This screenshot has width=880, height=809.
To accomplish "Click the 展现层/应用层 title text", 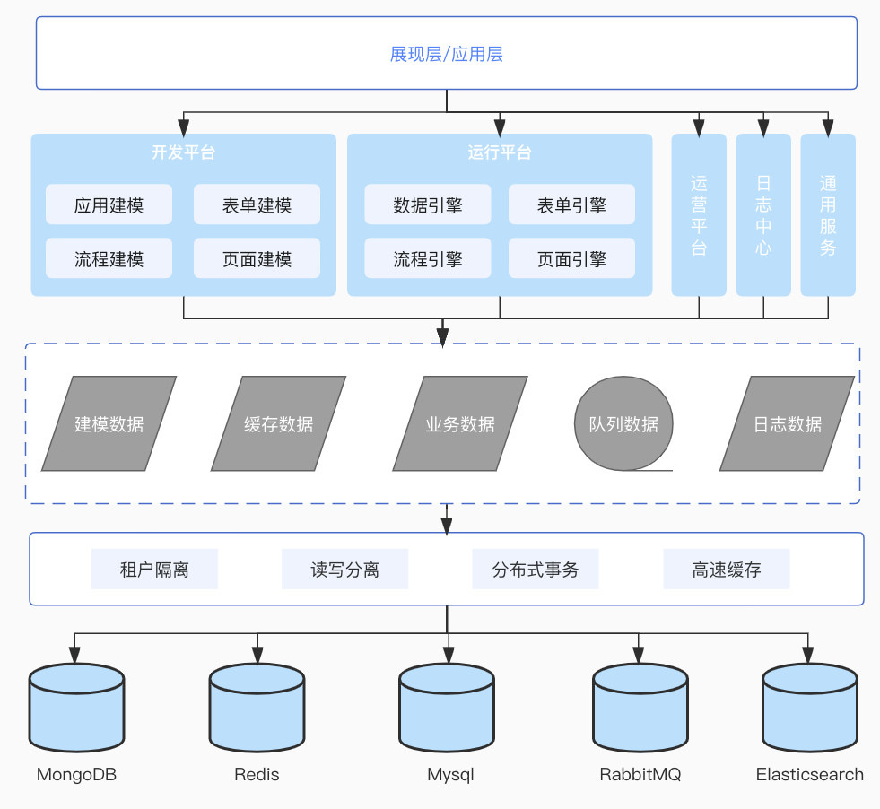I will [x=446, y=54].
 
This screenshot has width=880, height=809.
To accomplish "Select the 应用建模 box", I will [x=109, y=205].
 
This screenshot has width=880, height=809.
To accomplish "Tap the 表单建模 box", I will [x=257, y=205].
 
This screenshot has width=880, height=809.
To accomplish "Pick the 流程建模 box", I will [x=109, y=259].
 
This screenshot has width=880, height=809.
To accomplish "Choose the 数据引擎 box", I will [x=427, y=204].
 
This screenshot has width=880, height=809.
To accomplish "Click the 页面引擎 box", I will [x=571, y=259].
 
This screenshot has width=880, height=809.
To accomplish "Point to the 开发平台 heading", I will [x=183, y=152].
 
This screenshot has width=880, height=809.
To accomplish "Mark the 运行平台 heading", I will [x=500, y=152].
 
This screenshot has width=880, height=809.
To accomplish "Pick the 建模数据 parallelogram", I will [x=109, y=423].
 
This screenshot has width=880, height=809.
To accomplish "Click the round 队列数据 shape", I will [x=623, y=423].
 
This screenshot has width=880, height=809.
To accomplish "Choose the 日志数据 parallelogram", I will [x=787, y=423].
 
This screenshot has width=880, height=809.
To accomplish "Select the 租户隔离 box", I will [x=154, y=570].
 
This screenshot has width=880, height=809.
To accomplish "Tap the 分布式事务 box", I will [x=536, y=570].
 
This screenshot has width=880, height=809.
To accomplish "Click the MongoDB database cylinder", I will [x=76, y=708].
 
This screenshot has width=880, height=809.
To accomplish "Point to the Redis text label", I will [x=257, y=774].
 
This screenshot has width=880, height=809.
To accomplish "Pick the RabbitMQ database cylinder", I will [x=640, y=708].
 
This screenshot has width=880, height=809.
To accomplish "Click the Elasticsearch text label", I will [x=809, y=774].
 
